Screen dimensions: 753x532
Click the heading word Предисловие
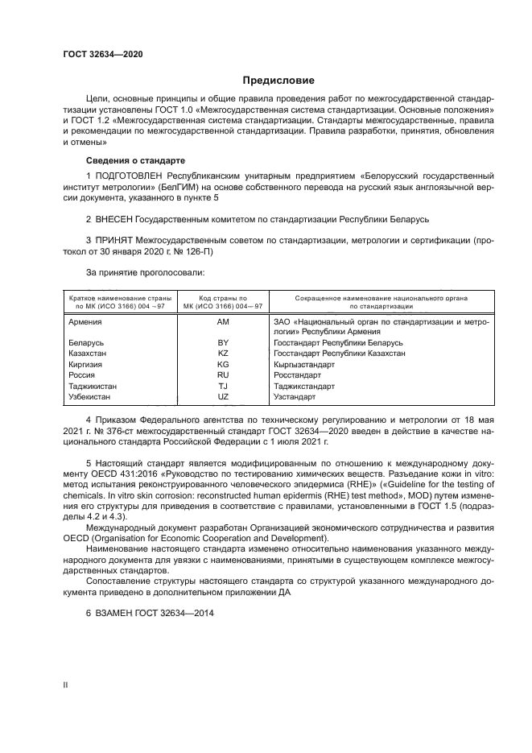point(278,81)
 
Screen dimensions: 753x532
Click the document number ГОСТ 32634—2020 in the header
point(102,54)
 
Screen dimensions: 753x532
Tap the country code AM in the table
point(224,321)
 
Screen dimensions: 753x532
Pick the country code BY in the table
point(224,342)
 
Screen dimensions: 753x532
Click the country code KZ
point(224,353)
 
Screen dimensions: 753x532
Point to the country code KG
point(224,364)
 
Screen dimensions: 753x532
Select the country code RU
point(224,375)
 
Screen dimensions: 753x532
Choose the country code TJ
point(224,386)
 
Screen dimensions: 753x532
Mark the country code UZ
point(224,397)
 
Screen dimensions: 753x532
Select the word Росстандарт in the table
point(297,375)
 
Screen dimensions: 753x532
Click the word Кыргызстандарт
point(304,364)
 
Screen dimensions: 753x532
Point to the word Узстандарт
point(294,397)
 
